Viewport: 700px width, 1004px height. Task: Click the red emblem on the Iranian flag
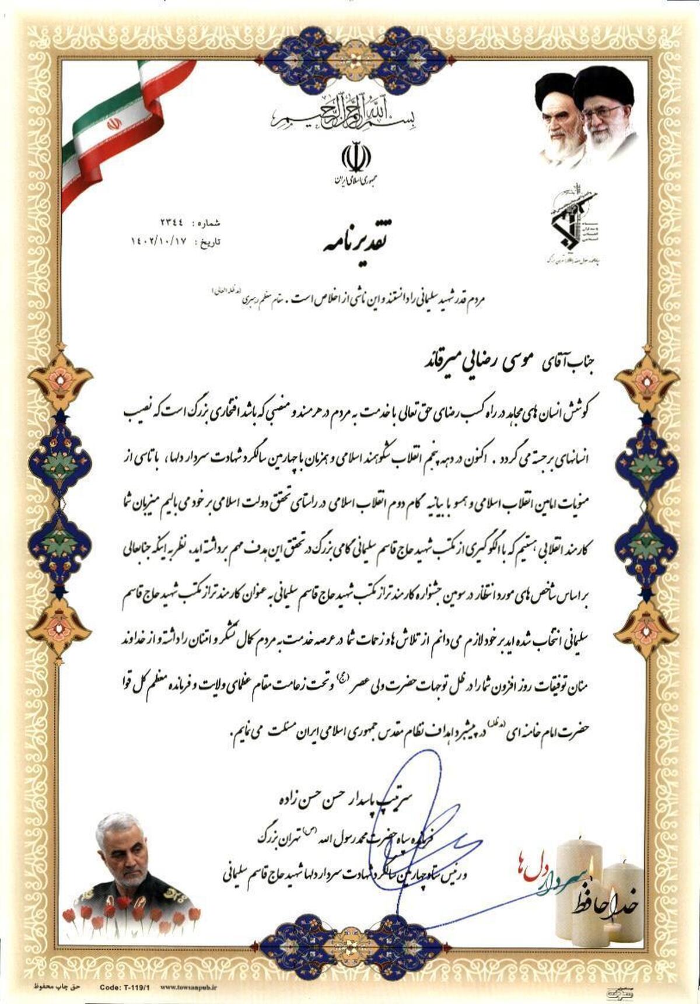[113, 124]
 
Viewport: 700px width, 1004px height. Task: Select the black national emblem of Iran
[355, 156]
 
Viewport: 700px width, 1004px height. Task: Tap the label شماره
[209, 223]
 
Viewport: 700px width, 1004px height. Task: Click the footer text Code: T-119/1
[125, 987]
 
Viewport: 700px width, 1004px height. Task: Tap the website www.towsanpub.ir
[188, 987]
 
